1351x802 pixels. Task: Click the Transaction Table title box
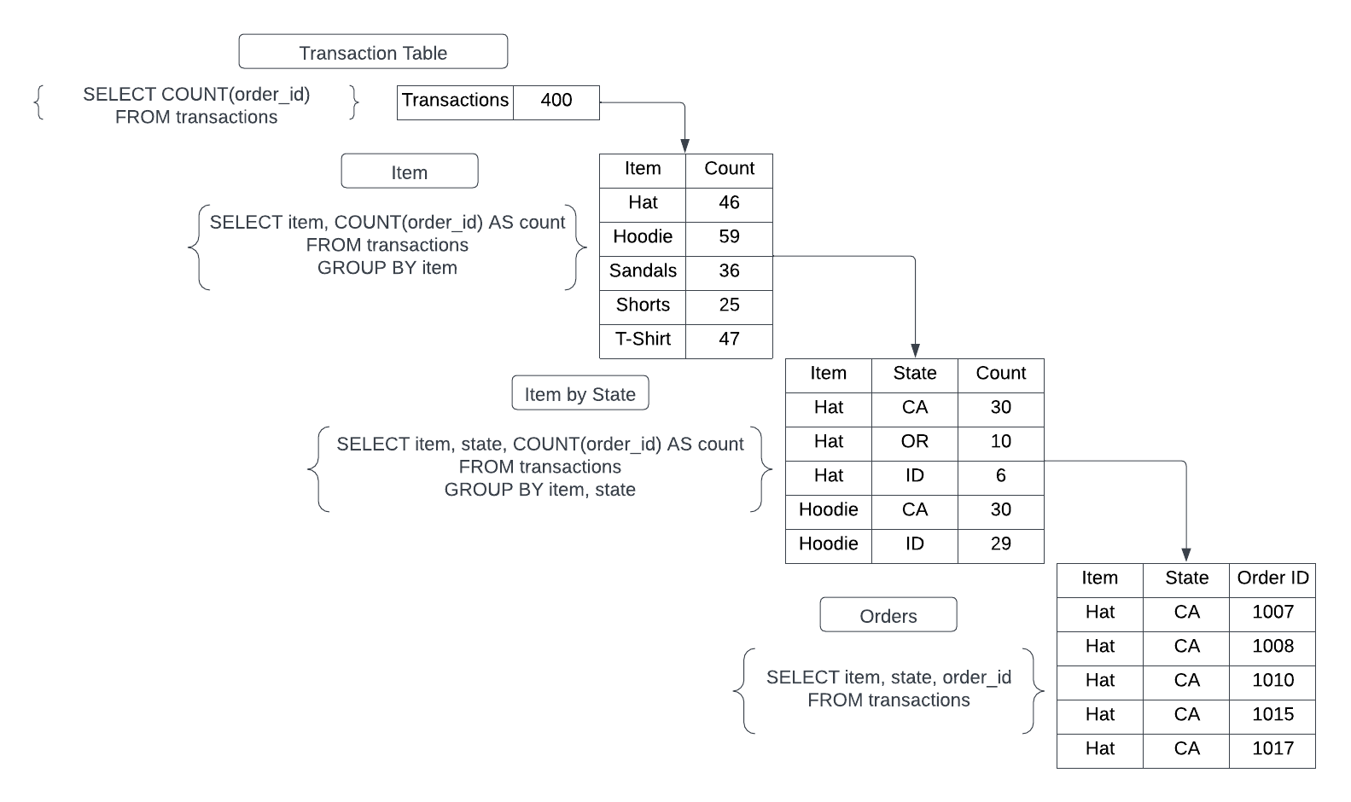(373, 52)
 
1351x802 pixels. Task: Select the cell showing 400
(556, 102)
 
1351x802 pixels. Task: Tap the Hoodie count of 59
(729, 238)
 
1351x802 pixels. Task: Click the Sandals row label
(643, 272)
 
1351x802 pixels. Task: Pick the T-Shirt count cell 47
(729, 340)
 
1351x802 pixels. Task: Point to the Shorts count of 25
(729, 306)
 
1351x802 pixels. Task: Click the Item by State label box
(579, 393)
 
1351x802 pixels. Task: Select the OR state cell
(914, 443)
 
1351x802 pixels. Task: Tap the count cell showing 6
(1000, 477)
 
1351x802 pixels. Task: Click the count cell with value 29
(1000, 545)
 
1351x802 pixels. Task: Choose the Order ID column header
(1272, 579)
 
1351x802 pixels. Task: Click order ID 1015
(1272, 716)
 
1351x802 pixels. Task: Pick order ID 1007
(1272, 613)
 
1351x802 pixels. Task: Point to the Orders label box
(888, 615)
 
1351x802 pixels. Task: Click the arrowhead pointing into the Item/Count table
(684, 146)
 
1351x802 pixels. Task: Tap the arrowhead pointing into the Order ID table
(1185, 555)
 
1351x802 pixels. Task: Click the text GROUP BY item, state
(539, 490)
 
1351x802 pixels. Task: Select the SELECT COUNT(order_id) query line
(196, 95)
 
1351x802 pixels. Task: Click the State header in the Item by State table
(914, 375)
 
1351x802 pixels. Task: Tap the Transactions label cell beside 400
(456, 102)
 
